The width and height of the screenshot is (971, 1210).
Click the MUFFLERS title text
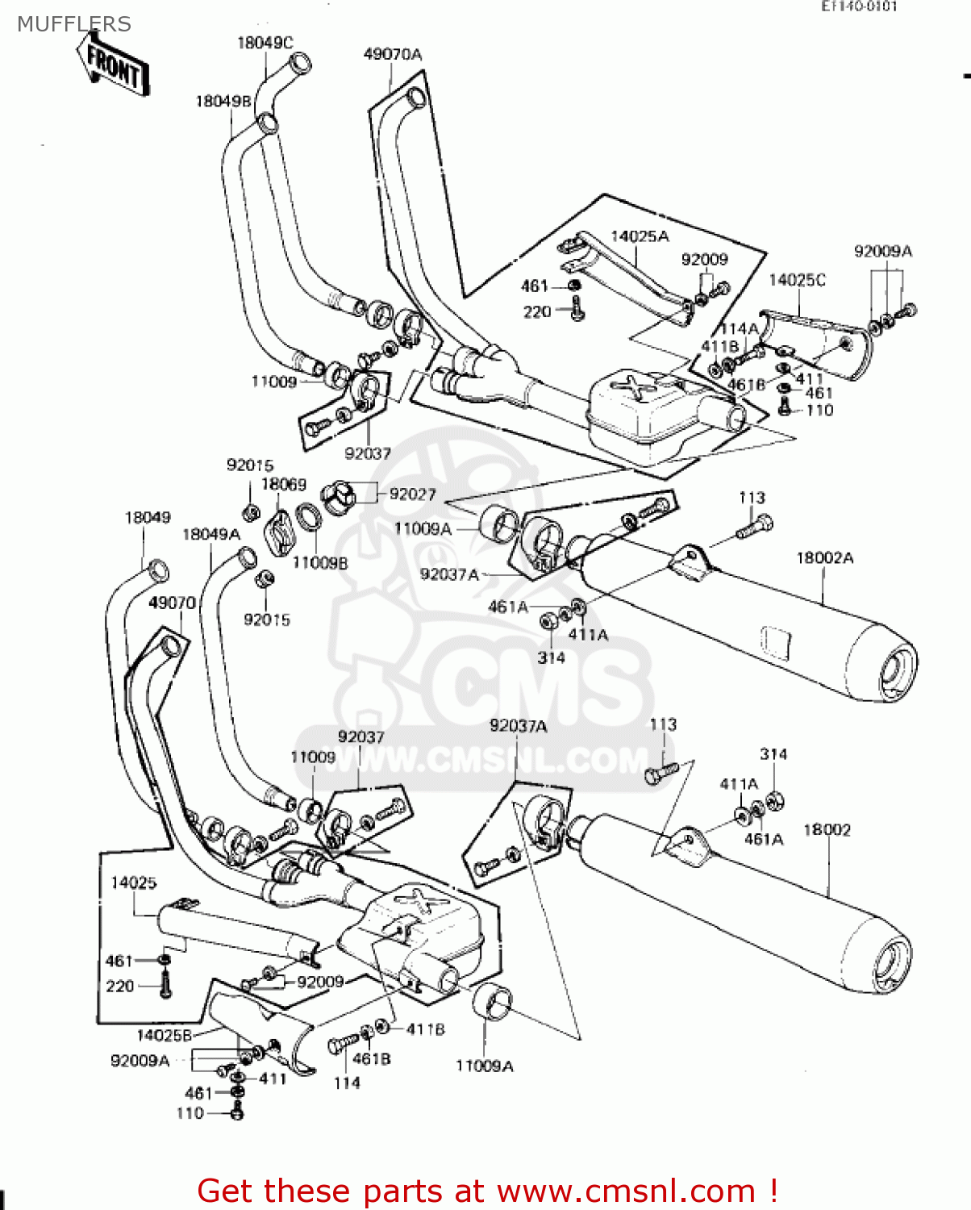(73, 24)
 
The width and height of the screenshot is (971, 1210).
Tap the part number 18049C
(265, 43)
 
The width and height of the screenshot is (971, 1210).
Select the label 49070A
(393, 54)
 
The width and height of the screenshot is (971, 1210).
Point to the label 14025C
(797, 280)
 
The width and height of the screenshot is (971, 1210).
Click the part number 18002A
(824, 557)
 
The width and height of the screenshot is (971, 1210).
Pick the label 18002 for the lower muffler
(827, 829)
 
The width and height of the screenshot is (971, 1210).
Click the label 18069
(283, 484)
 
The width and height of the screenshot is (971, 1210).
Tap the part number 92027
(412, 494)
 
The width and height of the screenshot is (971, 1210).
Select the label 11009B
(319, 562)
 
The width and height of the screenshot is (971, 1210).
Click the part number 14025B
(164, 1035)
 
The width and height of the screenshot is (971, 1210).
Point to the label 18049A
(211, 534)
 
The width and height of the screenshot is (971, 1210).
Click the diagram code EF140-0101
(859, 6)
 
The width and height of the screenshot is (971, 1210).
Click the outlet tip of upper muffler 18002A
(897, 673)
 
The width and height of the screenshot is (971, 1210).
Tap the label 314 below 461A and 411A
(551, 657)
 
